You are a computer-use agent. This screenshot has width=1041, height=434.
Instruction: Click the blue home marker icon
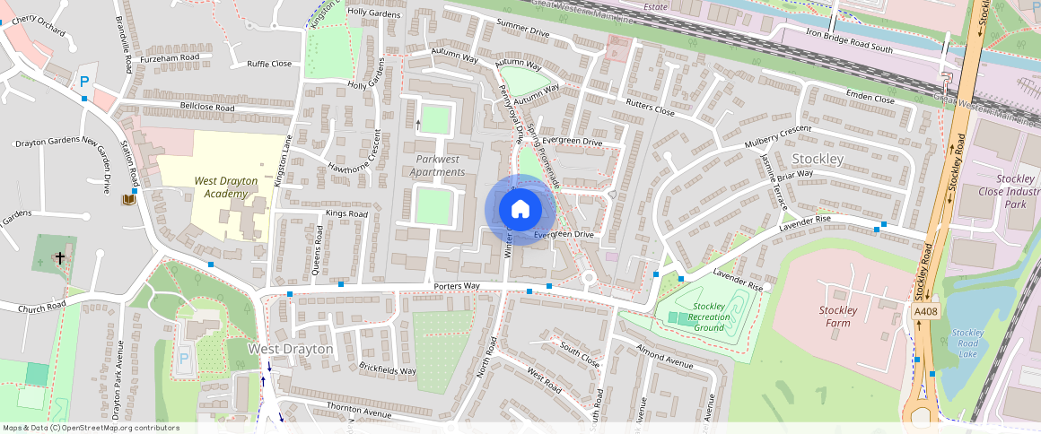[520, 210]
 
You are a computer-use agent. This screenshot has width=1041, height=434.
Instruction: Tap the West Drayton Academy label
[225, 187]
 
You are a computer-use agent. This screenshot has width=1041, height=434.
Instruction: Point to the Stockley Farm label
[837, 317]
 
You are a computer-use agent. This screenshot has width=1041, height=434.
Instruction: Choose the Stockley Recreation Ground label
[708, 317]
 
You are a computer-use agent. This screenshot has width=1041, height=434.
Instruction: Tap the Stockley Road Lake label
[967, 343]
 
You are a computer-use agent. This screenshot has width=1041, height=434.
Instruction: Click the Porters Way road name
[456, 286]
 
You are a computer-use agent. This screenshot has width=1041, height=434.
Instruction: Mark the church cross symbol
[59, 258]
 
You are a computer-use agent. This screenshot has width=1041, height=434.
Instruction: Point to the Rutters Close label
[651, 106]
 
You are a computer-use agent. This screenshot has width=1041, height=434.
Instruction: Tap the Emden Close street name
[870, 99]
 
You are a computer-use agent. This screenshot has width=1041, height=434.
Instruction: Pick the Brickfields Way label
[387, 369]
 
